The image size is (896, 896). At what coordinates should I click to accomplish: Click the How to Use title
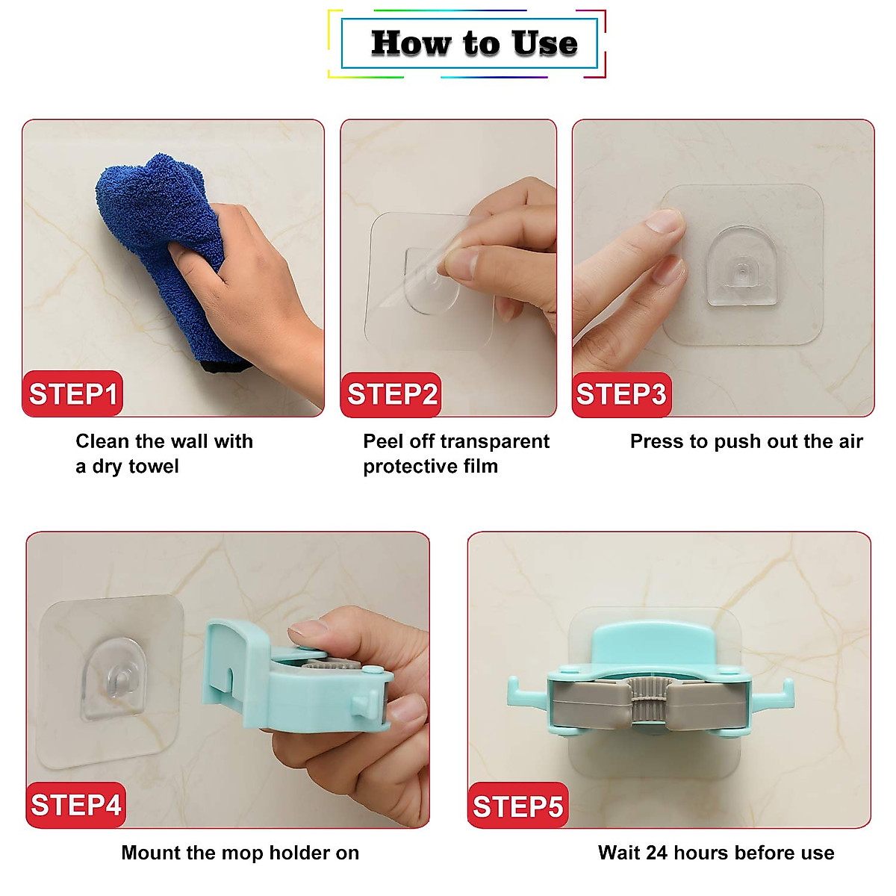click(473, 43)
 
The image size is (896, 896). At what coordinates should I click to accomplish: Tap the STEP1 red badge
click(72, 393)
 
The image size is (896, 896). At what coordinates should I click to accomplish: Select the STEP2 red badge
click(391, 394)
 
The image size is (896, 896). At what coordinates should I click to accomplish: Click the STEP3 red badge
click(621, 394)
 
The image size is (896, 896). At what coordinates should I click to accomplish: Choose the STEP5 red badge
click(517, 806)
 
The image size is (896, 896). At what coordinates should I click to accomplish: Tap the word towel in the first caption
click(154, 467)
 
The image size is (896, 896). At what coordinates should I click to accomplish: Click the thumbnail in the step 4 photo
click(307, 629)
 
